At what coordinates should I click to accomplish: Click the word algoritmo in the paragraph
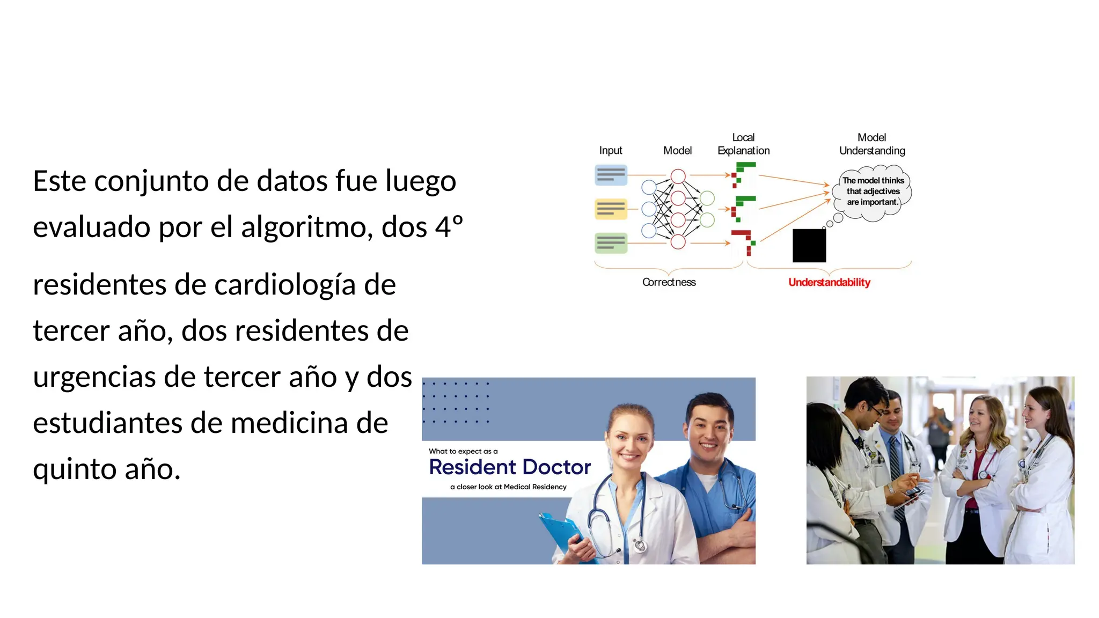click(x=306, y=227)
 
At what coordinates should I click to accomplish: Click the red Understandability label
click(x=829, y=282)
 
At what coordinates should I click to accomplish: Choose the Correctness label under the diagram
click(x=669, y=282)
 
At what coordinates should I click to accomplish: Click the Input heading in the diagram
click(x=611, y=151)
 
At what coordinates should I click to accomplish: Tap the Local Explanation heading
click(x=743, y=144)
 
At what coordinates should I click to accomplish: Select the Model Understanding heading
click(x=872, y=144)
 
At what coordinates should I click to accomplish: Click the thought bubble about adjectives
click(x=873, y=192)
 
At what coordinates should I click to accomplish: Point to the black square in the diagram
click(x=809, y=246)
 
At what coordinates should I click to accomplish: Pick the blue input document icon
click(x=611, y=175)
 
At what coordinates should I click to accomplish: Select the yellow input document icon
click(x=611, y=209)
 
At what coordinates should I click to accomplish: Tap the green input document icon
click(x=611, y=243)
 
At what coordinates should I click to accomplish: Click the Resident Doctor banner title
click(x=510, y=467)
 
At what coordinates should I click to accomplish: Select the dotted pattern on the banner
click(x=456, y=402)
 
